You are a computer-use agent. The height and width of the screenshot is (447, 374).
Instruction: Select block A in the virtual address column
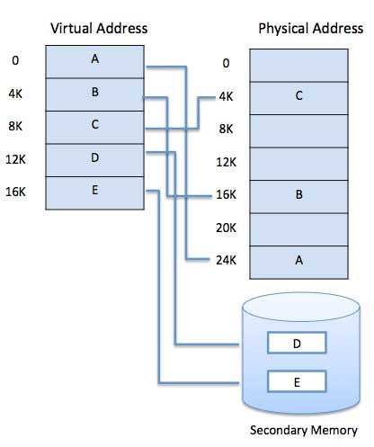click(94, 59)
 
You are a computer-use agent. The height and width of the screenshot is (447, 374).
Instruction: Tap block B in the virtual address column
click(94, 92)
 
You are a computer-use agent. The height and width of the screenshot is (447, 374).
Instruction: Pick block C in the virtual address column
click(94, 125)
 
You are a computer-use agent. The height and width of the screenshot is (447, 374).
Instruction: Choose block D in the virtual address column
click(94, 158)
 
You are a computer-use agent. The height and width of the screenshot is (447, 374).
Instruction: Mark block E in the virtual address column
click(94, 191)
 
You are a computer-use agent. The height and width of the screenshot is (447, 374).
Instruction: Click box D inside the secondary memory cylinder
click(298, 344)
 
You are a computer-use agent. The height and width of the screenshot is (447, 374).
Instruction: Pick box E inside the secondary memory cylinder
click(298, 382)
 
